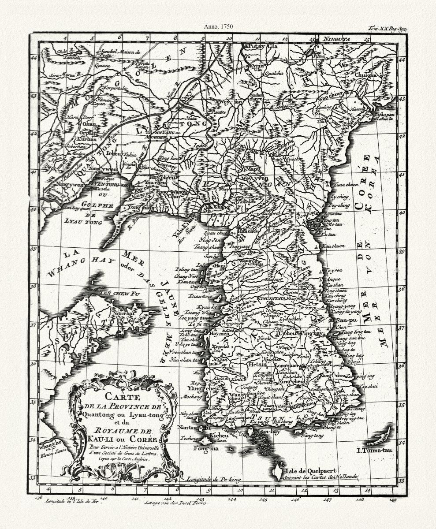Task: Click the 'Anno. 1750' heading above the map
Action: tap(218, 26)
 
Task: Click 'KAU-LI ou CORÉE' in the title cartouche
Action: tap(122, 439)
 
